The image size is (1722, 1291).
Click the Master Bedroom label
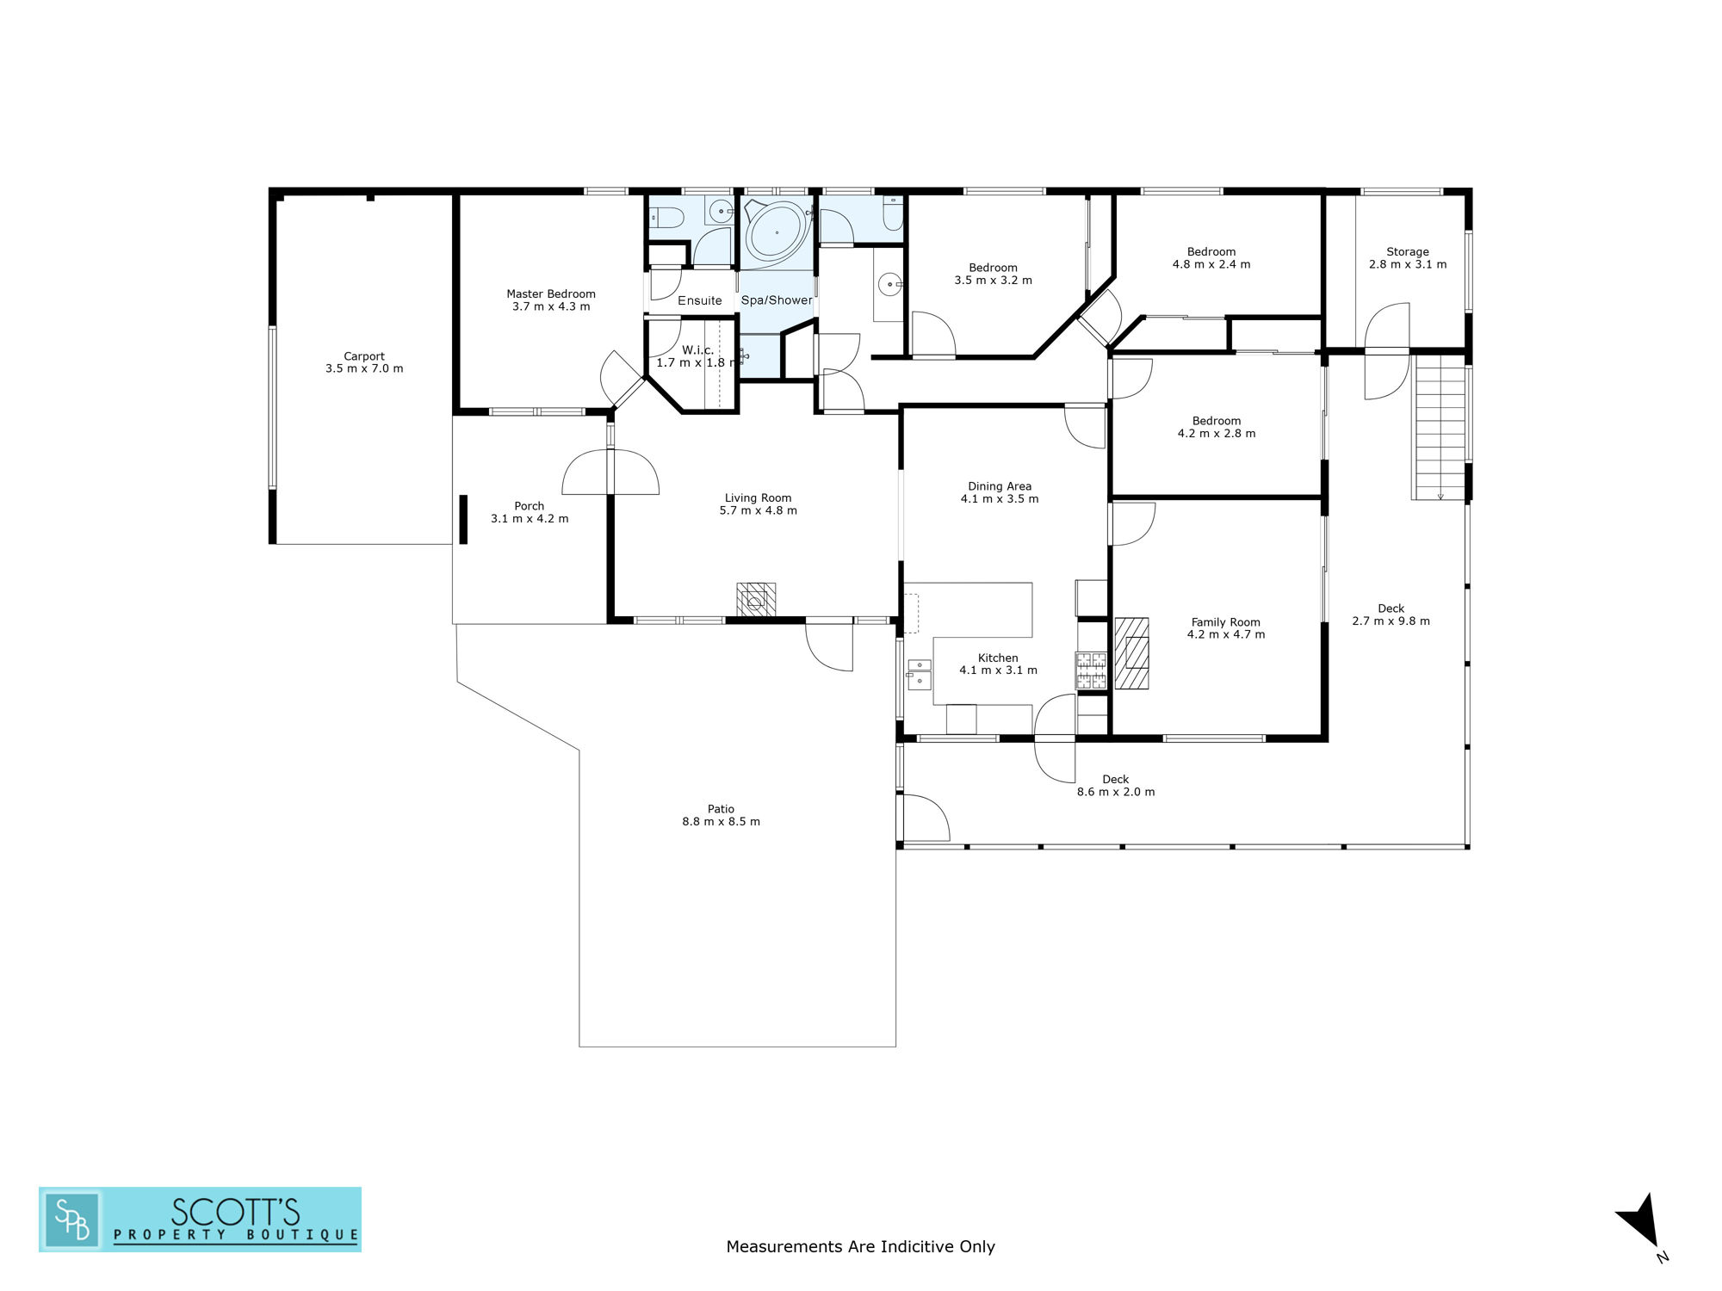(x=551, y=294)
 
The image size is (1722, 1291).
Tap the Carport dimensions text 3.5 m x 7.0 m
(x=364, y=368)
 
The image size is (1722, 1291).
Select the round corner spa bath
(x=777, y=231)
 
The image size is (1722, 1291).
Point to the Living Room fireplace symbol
(x=756, y=599)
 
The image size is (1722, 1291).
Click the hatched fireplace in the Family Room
(x=1131, y=653)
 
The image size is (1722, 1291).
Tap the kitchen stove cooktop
(x=1091, y=670)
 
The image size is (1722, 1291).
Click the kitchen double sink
(x=920, y=674)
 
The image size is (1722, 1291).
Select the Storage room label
(x=1408, y=252)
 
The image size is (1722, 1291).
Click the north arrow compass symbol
(x=1641, y=1222)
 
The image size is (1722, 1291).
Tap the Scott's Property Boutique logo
(x=200, y=1219)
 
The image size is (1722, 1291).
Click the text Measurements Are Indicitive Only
(x=860, y=1246)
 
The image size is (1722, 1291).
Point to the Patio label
(x=721, y=809)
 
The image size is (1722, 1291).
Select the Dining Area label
(x=1000, y=486)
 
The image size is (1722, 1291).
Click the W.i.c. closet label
(x=697, y=350)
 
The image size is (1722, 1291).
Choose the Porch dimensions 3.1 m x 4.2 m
(x=530, y=519)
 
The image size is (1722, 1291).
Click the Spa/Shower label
(x=777, y=300)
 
